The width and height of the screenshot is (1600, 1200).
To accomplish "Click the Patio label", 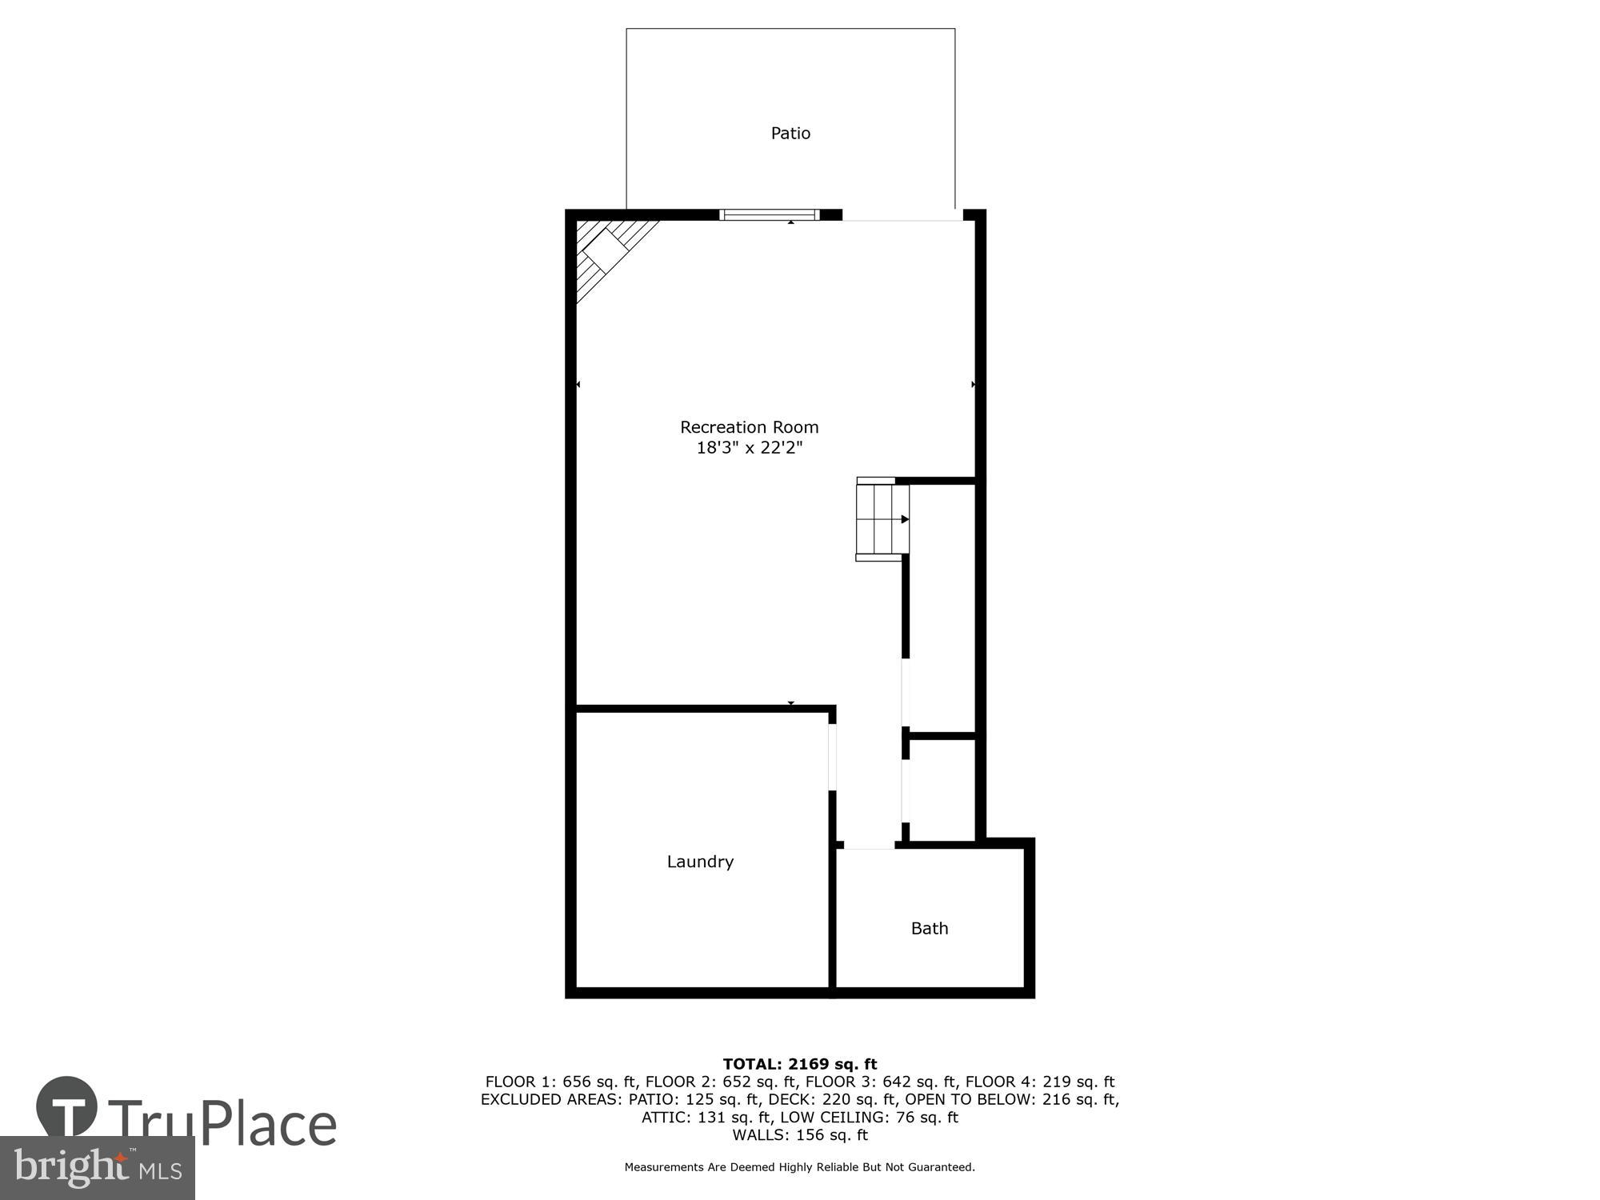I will point(790,134).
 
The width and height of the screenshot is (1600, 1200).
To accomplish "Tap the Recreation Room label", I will point(749,427).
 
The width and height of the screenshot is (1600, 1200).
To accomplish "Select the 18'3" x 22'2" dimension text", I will point(749,448).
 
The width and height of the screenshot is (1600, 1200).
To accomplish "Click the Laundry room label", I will point(700,862).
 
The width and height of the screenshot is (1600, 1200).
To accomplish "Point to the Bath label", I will point(930,928).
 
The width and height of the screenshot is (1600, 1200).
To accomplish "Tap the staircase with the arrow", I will point(882,520).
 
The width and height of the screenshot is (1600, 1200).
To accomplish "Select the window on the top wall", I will point(770,214).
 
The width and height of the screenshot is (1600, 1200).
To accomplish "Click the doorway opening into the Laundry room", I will point(832,757).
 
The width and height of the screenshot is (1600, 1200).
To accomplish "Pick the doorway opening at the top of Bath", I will point(869,845).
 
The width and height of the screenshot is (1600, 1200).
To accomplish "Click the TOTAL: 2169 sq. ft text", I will point(800,1064).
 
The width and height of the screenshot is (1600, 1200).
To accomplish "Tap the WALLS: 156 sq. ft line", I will point(800,1134).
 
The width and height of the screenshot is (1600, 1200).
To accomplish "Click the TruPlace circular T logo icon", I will point(67,1107).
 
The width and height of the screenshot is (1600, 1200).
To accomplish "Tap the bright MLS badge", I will point(98,1168).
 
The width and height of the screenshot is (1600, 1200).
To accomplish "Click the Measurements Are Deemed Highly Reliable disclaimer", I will point(800,1167).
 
